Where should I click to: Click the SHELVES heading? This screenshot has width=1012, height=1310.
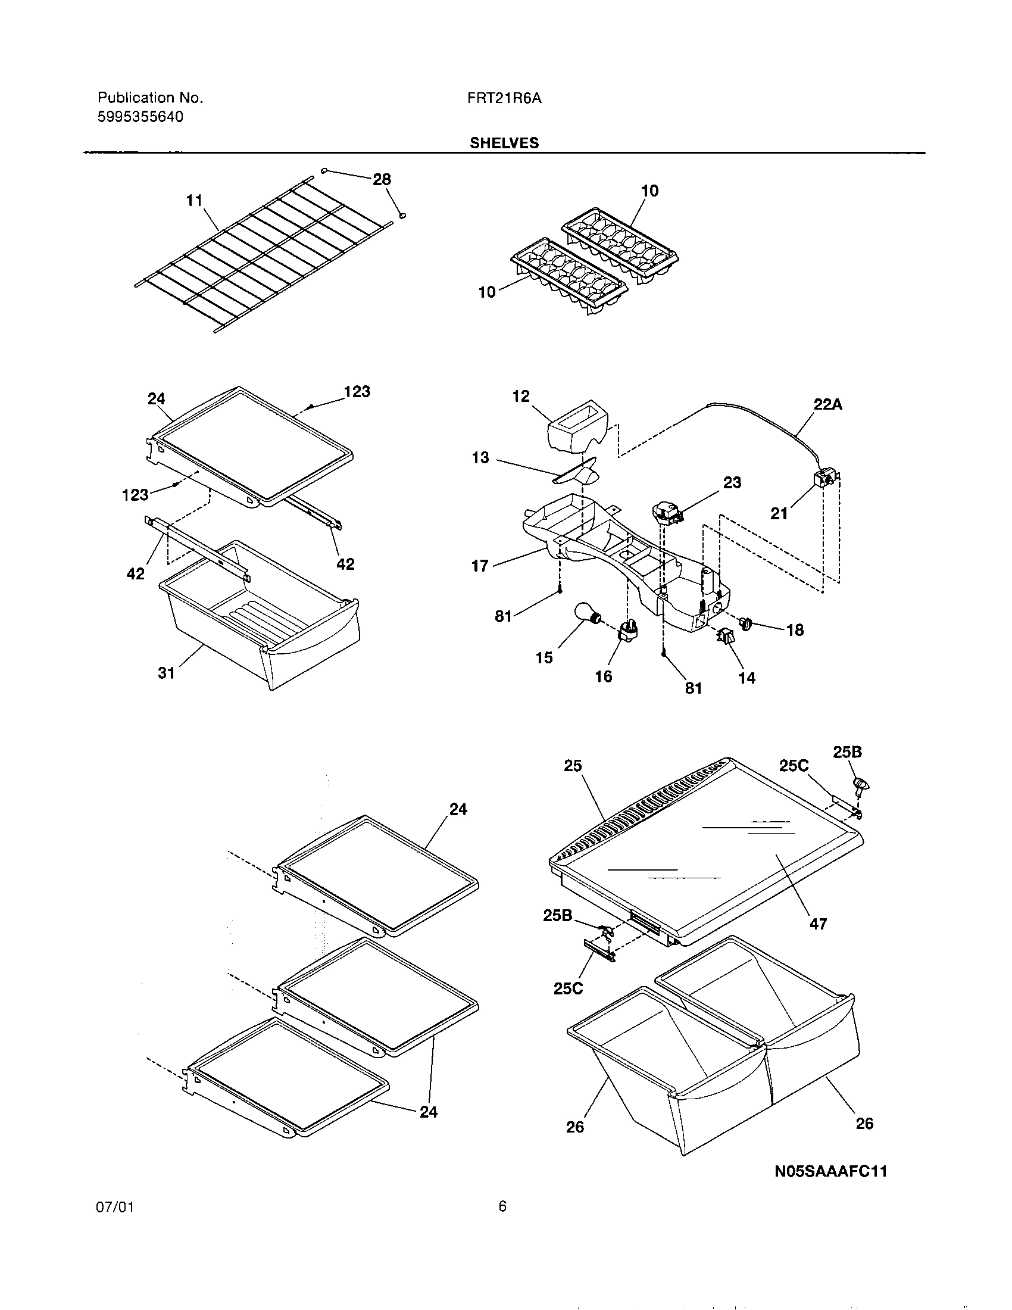coord(504,143)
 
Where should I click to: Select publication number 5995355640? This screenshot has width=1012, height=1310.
coord(140,117)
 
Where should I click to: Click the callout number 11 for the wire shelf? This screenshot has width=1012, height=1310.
coord(194,200)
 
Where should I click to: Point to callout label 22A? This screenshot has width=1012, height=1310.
coord(827,405)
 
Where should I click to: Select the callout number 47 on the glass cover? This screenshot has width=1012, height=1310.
coord(818,924)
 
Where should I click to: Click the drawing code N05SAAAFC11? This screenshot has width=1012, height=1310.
coord(830,1171)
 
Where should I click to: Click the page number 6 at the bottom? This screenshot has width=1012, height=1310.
coord(502,1206)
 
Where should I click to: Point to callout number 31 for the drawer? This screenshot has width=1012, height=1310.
coord(166,673)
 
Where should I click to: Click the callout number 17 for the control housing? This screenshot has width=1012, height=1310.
coord(480,566)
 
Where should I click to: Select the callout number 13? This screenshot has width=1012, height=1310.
coord(480,458)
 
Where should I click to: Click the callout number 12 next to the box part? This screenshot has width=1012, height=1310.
coord(521,397)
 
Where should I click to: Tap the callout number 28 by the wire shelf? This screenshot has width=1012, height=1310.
coord(382,179)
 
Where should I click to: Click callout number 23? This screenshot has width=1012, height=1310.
coord(732,482)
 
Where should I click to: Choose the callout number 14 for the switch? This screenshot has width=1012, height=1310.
coord(746,678)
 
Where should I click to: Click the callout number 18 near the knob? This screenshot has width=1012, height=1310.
coord(794,630)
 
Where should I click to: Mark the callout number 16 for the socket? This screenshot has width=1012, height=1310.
coord(603,676)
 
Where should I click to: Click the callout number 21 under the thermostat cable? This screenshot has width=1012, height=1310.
coord(779,513)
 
